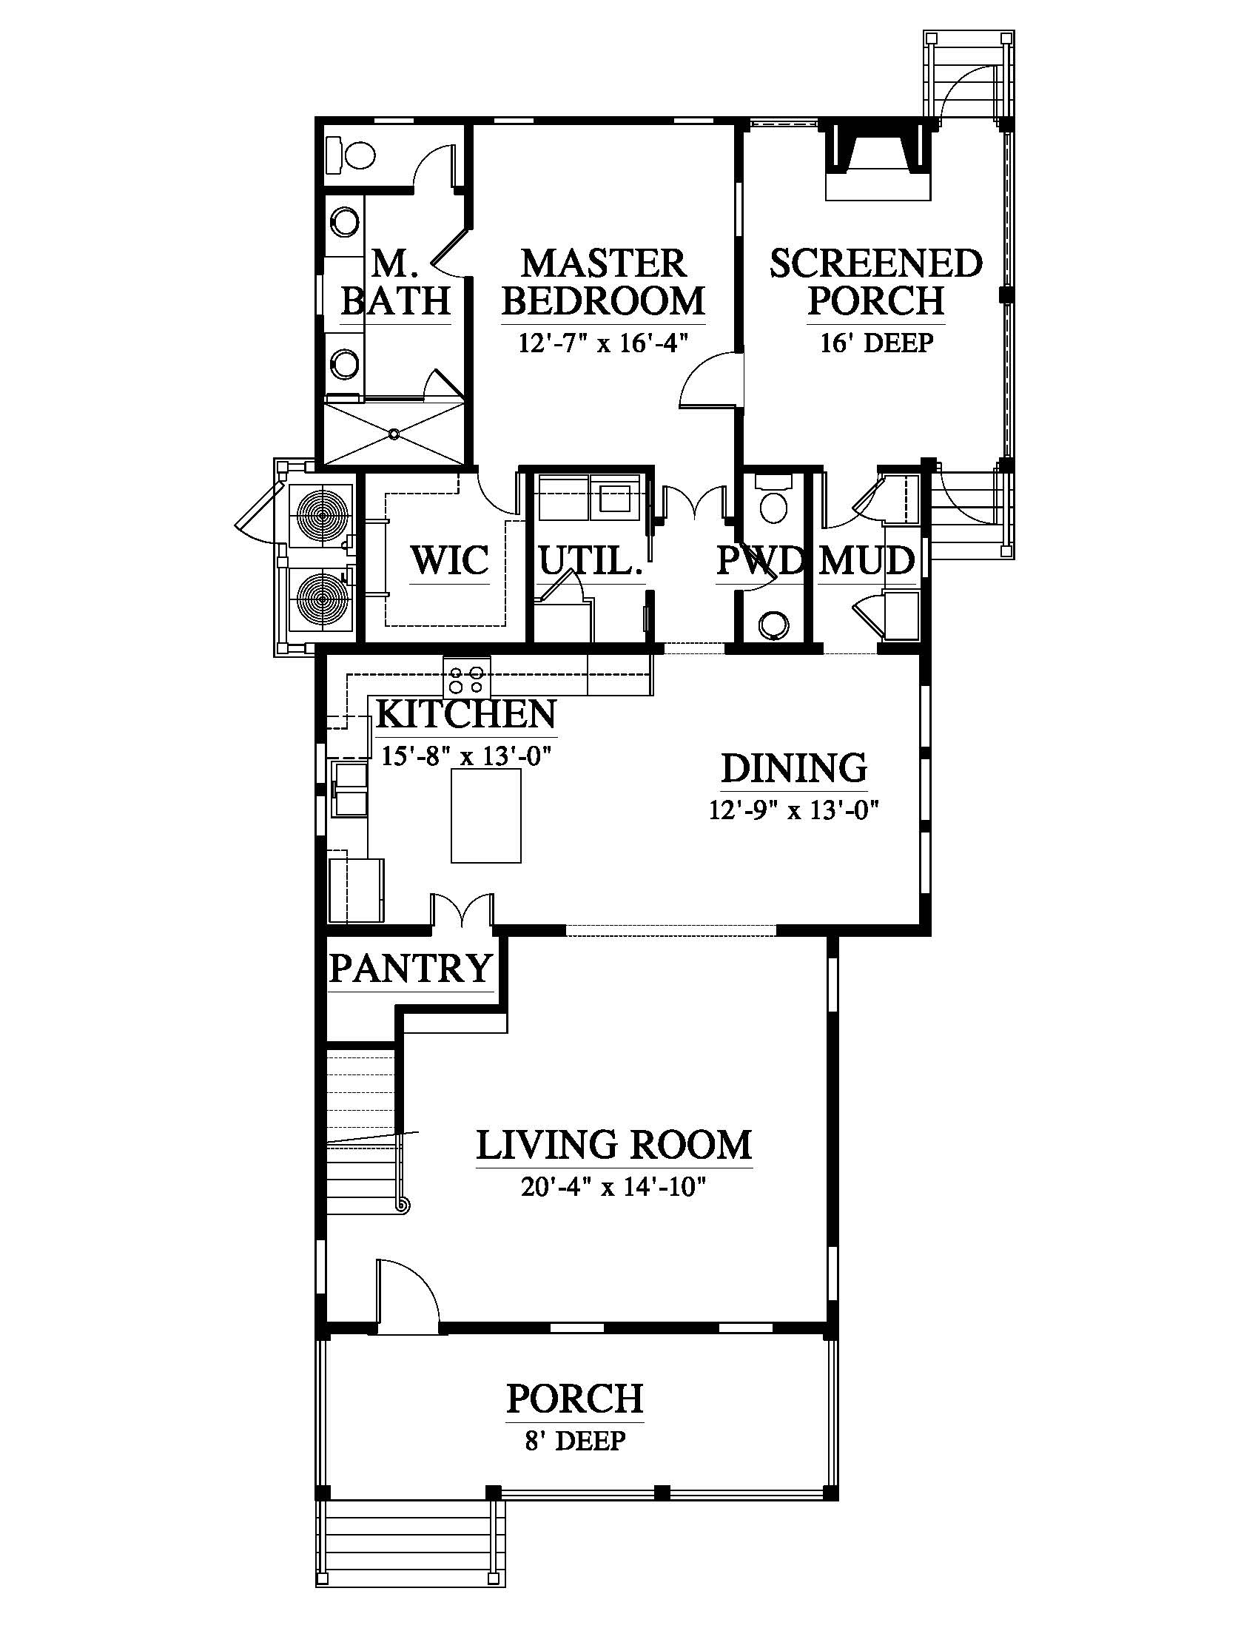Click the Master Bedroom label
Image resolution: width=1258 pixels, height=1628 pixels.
point(603,282)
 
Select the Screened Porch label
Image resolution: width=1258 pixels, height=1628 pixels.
point(876,282)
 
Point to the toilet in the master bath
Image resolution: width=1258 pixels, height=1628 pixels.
point(351,155)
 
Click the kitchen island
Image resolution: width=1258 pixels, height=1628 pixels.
point(486,815)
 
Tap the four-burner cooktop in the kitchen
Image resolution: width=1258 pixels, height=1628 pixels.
point(467,679)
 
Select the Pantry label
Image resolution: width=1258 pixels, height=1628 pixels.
point(411,969)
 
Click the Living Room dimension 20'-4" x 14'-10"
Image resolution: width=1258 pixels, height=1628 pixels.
point(613,1186)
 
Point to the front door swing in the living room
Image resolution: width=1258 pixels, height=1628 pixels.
point(408,1296)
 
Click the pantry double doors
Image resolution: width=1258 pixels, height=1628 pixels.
point(462,911)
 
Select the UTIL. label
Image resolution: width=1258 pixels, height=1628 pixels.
point(591,560)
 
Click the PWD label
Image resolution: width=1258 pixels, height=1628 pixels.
point(760,560)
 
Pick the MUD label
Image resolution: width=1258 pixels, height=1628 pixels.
point(867,560)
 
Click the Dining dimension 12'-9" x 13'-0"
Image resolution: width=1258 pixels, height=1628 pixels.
point(795,810)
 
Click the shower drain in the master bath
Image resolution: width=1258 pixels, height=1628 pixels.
point(394,433)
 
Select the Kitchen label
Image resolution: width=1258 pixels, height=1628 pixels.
point(466,713)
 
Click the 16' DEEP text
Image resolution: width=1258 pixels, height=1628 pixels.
point(876,342)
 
